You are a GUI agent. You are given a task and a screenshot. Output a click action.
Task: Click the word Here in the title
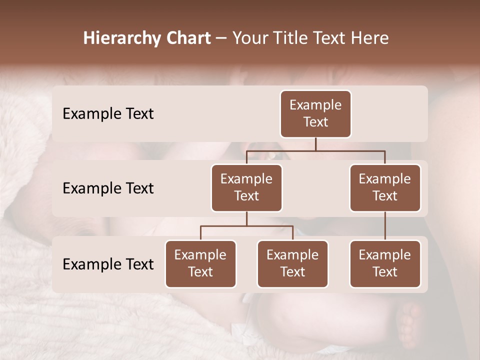pyautogui.click(x=370, y=38)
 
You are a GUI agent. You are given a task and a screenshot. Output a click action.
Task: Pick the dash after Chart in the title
pyautogui.click(x=221, y=39)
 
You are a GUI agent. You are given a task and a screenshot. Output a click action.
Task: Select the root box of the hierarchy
pyautogui.click(x=315, y=114)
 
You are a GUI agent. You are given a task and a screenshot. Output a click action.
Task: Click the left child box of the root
pyautogui.click(x=246, y=188)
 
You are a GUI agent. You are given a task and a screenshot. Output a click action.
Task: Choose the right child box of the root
pyautogui.click(x=385, y=188)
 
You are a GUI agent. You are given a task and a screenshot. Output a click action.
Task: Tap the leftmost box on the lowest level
pyautogui.click(x=200, y=264)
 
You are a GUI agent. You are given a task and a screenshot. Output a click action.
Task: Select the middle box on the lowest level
pyautogui.click(x=292, y=264)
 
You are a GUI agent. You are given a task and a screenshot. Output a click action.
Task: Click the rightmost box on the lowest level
pyautogui.click(x=385, y=264)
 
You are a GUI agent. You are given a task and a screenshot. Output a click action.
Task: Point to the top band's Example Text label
pyautogui.click(x=108, y=114)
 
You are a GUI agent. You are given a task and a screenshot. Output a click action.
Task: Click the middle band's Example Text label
pyautogui.click(x=108, y=188)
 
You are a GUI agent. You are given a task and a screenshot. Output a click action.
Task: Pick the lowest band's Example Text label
pyautogui.click(x=108, y=264)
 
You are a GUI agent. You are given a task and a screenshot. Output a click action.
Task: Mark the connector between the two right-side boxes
pyautogui.click(x=385, y=226)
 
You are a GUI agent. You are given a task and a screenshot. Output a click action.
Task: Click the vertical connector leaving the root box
pyautogui.click(x=315, y=144)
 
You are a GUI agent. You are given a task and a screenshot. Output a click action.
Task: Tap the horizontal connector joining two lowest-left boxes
pyautogui.click(x=246, y=226)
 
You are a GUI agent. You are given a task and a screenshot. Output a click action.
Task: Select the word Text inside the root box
pyautogui.click(x=315, y=122)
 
